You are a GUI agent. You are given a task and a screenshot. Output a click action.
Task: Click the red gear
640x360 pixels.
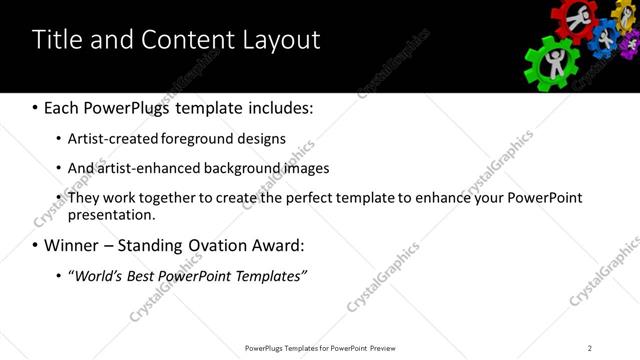pos(574,18)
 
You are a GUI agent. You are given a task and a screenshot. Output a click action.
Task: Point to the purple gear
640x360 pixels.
pos(629,45)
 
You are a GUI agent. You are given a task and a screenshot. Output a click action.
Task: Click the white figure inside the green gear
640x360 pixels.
pos(553,63)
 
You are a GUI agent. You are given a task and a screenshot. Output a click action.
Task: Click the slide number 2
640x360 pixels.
pos(590,348)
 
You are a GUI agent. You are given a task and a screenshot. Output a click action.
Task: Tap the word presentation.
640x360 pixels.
pos(111,214)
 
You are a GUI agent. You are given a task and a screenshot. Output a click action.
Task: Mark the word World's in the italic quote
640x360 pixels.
pos(99,275)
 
